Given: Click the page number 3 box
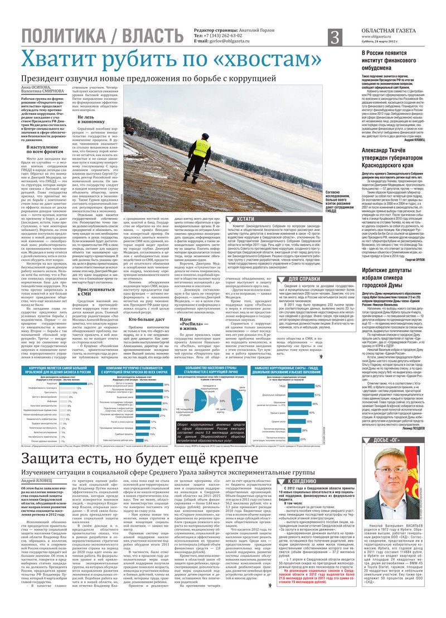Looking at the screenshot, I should pyautogui.click(x=334, y=37).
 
